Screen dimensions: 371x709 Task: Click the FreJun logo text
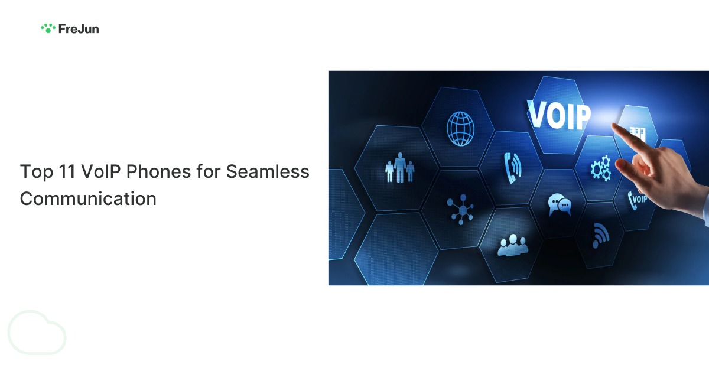(79, 28)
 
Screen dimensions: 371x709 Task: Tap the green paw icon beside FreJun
(48, 28)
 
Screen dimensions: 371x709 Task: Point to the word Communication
(88, 198)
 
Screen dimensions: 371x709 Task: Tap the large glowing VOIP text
(558, 115)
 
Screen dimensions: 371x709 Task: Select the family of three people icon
(399, 168)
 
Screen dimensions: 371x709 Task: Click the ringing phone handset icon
(512, 167)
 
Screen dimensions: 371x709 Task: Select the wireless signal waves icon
(600, 235)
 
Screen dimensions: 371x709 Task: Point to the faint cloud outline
(37, 333)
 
